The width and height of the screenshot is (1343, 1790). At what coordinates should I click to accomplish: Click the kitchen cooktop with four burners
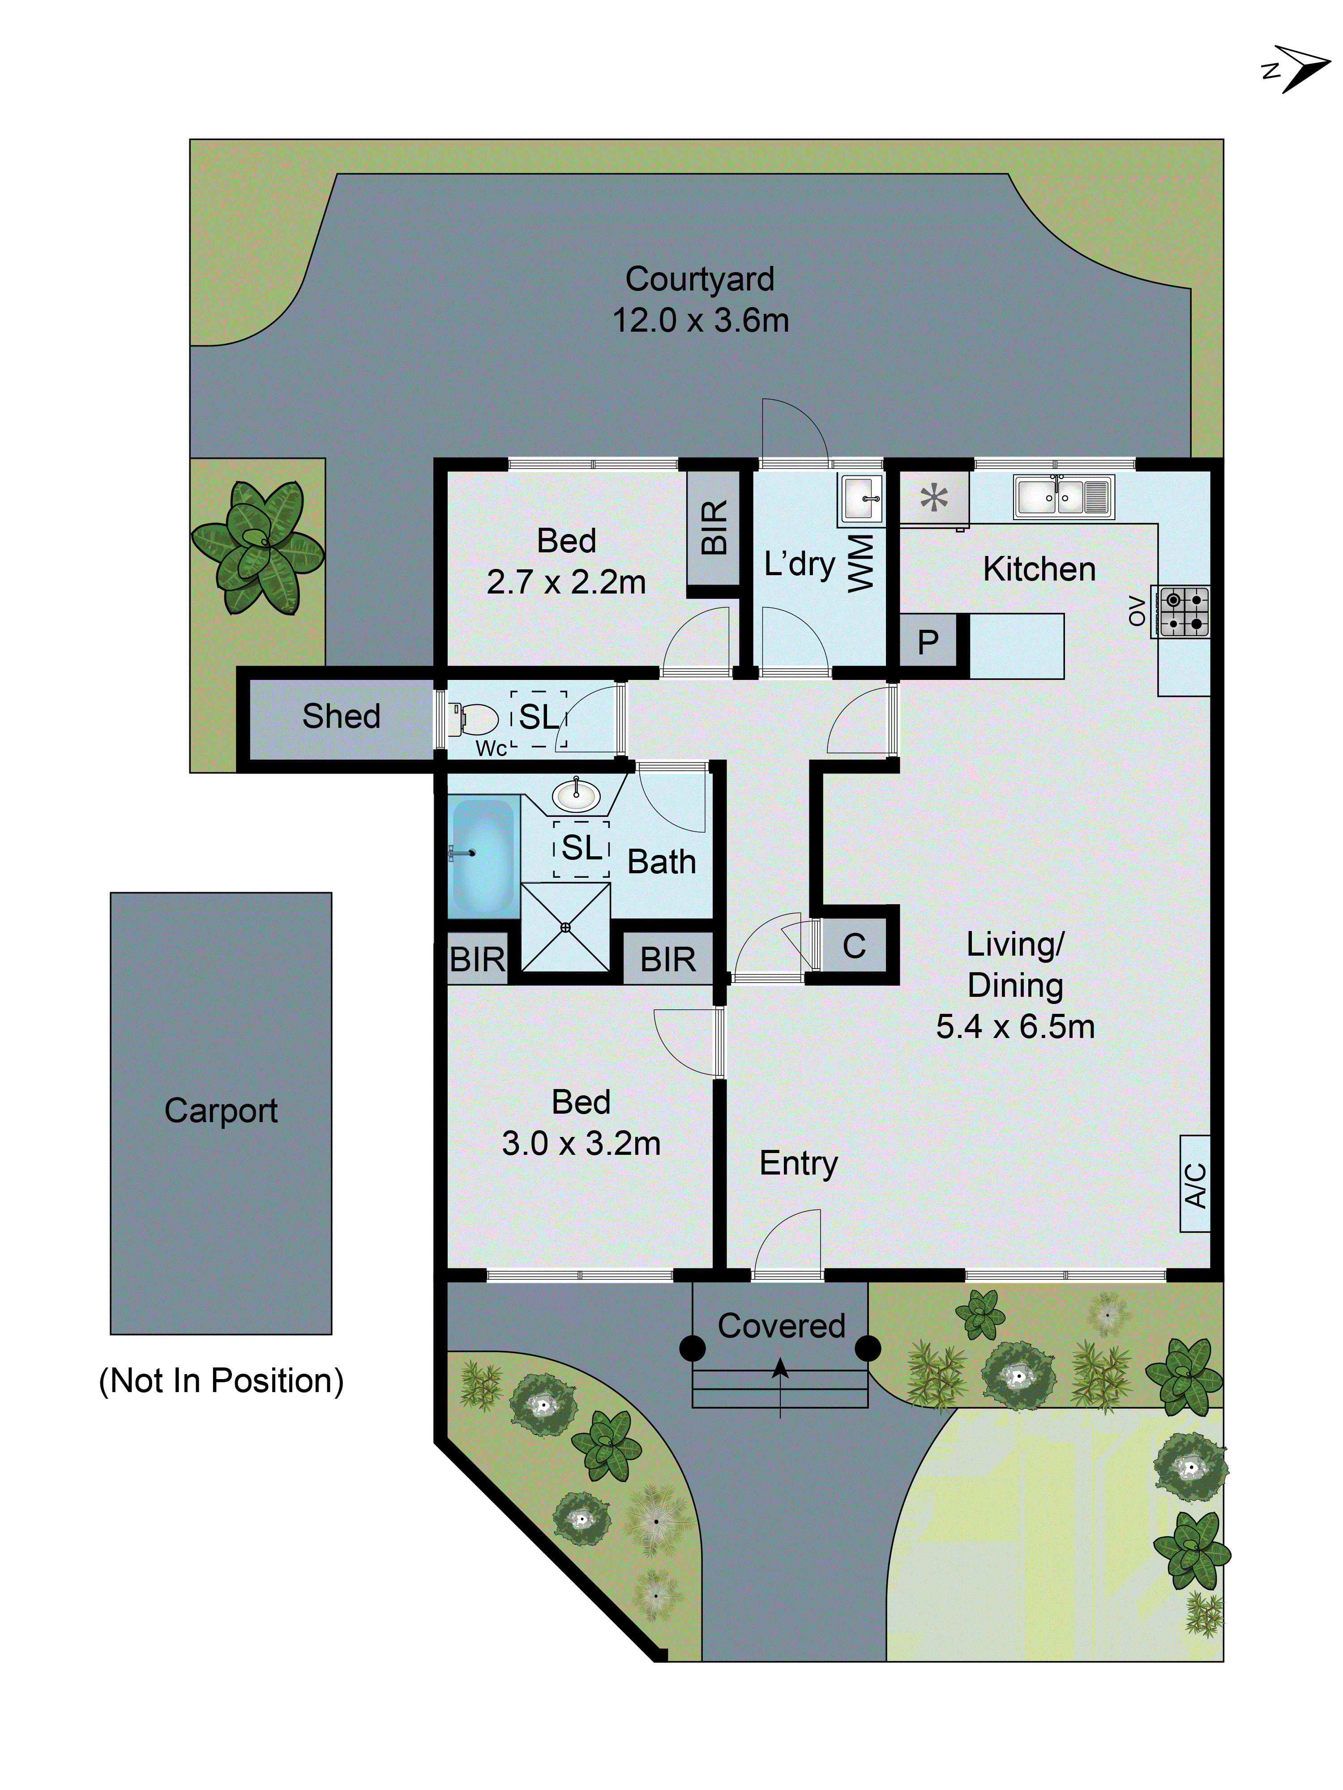pyautogui.click(x=1184, y=612)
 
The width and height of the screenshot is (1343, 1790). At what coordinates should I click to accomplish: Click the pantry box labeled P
pyautogui.click(x=928, y=642)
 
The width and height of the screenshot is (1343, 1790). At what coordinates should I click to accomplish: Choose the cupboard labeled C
pyautogui.click(x=854, y=945)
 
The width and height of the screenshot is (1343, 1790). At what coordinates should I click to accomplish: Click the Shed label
pyautogui.click(x=341, y=716)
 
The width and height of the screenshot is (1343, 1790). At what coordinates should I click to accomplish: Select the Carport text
pyautogui.click(x=220, y=1110)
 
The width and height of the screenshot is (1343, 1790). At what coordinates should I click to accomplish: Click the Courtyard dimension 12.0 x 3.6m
pyautogui.click(x=700, y=320)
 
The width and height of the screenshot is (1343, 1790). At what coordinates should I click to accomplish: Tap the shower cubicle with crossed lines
pyautogui.click(x=565, y=927)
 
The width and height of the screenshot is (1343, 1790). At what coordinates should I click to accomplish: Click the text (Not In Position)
pyautogui.click(x=221, y=1380)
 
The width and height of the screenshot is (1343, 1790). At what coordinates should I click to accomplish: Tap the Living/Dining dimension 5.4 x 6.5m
pyautogui.click(x=1015, y=1026)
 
